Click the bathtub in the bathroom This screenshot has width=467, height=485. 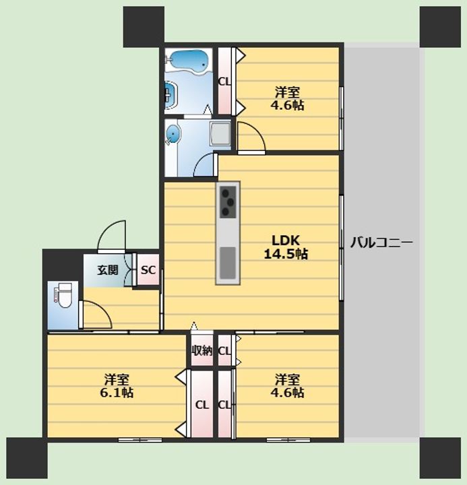click(x=188, y=61)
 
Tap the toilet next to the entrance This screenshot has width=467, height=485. click(x=64, y=295)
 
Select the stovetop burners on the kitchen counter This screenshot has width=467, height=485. click(x=228, y=202)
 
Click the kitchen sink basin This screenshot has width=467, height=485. click(x=228, y=263)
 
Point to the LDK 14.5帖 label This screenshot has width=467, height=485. click(x=286, y=247)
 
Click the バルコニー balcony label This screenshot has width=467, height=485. click(x=381, y=243)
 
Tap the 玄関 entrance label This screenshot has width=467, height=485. click(x=108, y=270)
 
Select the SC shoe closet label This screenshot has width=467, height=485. click(x=148, y=270)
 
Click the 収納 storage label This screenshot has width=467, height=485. click(x=201, y=350)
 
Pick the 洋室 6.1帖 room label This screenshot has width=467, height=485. click(x=117, y=386)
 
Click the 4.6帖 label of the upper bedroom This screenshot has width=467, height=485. click(x=287, y=106)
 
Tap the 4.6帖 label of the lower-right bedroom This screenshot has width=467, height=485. click(x=287, y=393)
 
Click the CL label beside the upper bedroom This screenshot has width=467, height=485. click(x=224, y=82)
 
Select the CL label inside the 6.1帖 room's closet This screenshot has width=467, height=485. click(x=201, y=405)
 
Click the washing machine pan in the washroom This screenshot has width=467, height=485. click(x=220, y=133)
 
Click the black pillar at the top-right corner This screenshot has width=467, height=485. click(x=440, y=27)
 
